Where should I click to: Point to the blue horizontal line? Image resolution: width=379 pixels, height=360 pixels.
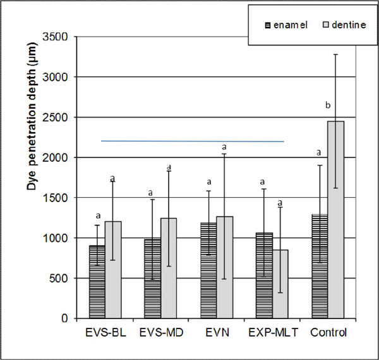click(193, 141)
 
